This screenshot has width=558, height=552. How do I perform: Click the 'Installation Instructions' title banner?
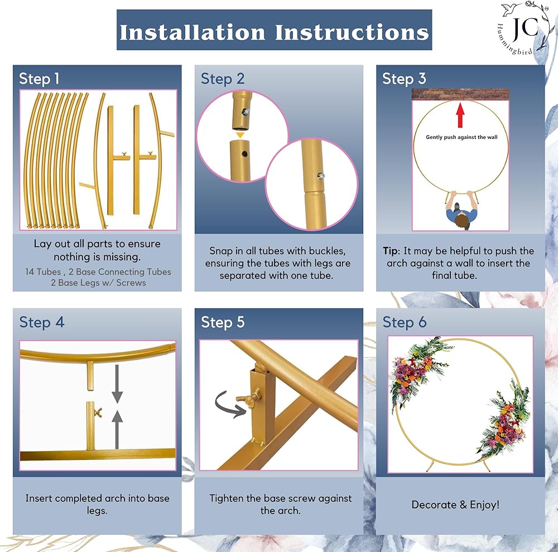[x=274, y=30]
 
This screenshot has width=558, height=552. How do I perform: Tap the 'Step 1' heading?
[x=39, y=79]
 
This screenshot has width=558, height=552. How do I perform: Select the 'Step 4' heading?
[x=42, y=322]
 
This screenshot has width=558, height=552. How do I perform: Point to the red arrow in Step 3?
[x=460, y=115]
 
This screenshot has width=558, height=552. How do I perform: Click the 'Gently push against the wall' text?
[x=461, y=137]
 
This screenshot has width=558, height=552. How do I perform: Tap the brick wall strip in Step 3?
[x=460, y=94]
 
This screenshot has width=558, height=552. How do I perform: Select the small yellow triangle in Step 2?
[x=240, y=135]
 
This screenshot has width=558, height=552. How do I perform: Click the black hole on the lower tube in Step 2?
[x=244, y=154]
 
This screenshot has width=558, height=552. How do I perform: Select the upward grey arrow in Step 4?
[x=117, y=430]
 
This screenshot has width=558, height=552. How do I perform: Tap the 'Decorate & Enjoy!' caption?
[x=455, y=505]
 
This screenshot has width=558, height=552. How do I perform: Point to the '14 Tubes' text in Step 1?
[x=43, y=272]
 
